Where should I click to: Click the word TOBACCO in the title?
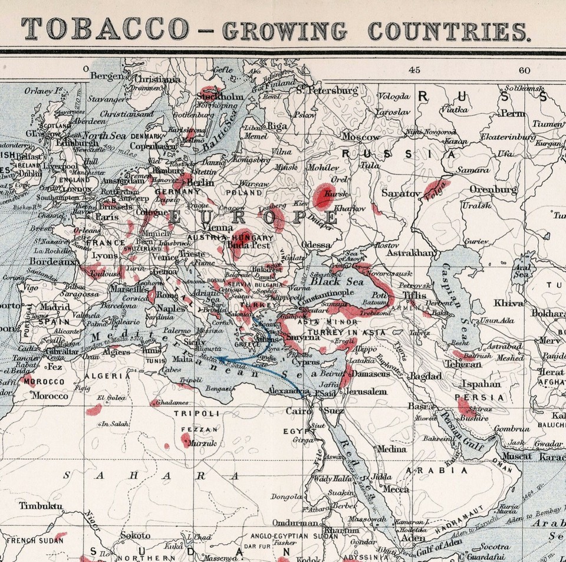tap(106, 29)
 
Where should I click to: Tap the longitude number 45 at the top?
tap(414, 70)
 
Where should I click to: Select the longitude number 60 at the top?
tap(525, 70)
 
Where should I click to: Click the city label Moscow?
tap(361, 137)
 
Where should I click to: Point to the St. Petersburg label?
tap(327, 91)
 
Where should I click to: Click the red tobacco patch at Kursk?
tap(324, 196)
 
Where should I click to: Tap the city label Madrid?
tap(55, 307)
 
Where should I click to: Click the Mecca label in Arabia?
tap(396, 489)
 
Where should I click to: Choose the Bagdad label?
tap(425, 376)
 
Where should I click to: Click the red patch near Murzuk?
tap(186, 439)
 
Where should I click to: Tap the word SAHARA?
tap(151, 475)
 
